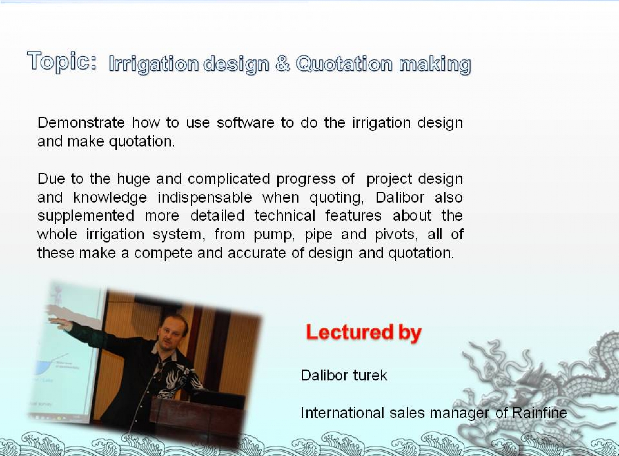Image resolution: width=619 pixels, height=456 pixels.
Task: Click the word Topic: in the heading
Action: [62, 61]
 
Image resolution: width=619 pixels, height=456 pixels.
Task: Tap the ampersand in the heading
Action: [282, 63]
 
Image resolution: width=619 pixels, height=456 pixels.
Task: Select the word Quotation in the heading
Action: [344, 64]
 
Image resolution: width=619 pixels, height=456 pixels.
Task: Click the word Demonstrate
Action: [81, 123]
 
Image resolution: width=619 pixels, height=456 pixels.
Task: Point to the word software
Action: [245, 123]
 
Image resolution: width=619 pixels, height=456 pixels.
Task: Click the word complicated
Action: [229, 179]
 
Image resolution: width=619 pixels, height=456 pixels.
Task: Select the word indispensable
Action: [205, 198]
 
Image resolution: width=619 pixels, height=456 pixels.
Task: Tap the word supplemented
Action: [86, 216]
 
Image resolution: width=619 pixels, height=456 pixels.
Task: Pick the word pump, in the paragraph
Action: [274, 235]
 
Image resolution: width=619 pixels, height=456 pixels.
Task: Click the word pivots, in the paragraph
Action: [396, 235]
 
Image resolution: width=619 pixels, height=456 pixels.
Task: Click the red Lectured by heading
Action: [364, 333]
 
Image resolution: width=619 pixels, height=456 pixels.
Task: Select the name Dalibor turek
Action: [344, 376]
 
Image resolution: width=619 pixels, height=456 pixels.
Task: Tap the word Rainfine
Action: [540, 413]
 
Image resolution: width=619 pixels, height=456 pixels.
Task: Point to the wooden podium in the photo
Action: [195, 417]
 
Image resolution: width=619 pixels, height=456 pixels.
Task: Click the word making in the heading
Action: [435, 64]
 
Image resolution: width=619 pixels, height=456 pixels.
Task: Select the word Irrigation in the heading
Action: [154, 64]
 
